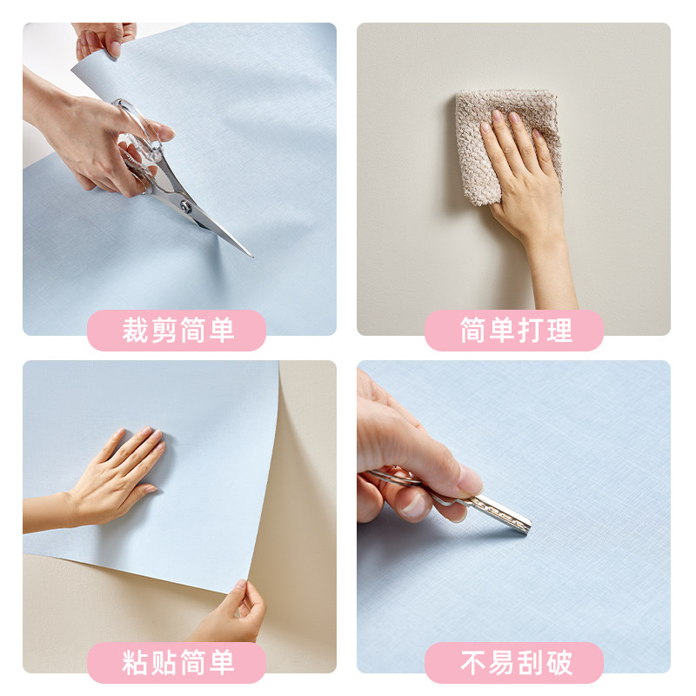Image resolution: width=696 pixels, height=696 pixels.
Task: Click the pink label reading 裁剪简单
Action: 177,331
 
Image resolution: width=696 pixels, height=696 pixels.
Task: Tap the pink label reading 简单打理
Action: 513,331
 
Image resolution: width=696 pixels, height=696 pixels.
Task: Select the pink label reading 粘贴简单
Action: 177,663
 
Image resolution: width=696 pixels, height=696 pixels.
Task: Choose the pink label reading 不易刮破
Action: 513,663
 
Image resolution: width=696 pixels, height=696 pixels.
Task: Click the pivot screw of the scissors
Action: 185,206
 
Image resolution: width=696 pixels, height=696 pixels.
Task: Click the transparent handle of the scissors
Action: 139,139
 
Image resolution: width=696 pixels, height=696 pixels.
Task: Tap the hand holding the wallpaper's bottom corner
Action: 231,613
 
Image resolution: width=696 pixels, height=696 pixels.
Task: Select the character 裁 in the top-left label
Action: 135,331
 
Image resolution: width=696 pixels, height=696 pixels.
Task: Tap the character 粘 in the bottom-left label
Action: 135,663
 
